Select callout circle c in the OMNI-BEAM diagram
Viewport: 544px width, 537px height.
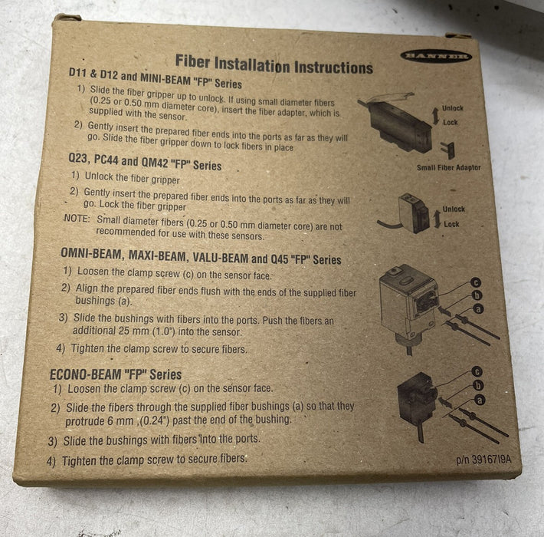point(476,282)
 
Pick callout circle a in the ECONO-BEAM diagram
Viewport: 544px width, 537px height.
point(480,399)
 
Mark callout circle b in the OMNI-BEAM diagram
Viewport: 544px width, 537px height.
point(477,296)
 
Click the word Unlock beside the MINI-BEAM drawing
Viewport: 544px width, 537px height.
point(452,108)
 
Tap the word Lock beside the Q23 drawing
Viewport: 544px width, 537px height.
point(451,225)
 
